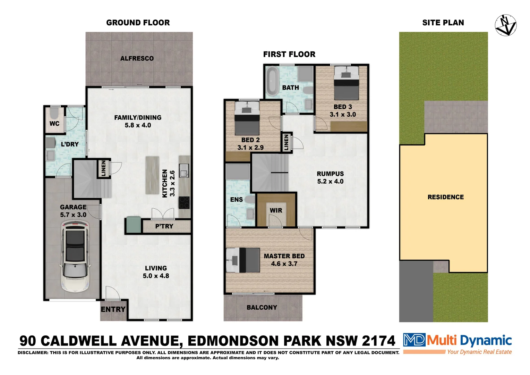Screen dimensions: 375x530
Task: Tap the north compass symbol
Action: pyautogui.click(x=505, y=25)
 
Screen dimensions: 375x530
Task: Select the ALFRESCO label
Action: pyautogui.click(x=137, y=59)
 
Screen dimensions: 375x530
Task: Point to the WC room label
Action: pyautogui.click(x=54, y=124)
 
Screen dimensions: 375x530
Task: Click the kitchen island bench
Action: pyautogui.click(x=152, y=175)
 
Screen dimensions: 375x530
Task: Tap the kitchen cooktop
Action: pyautogui.click(x=184, y=202)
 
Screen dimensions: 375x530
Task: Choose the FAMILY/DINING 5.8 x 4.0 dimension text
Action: pyautogui.click(x=138, y=125)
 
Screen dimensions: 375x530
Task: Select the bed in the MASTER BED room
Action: pyautogui.click(x=243, y=260)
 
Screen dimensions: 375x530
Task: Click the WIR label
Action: pyautogui.click(x=276, y=210)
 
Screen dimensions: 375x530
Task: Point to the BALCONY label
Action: pyautogui.click(x=262, y=308)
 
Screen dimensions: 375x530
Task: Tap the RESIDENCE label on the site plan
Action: pyautogui.click(x=445, y=197)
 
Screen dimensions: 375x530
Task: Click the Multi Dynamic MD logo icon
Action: pyautogui.click(x=414, y=340)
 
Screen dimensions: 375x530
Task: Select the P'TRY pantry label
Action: pyautogui.click(x=164, y=226)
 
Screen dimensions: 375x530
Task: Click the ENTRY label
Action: pyautogui.click(x=113, y=309)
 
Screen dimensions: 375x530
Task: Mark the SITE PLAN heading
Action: pyautogui.click(x=443, y=23)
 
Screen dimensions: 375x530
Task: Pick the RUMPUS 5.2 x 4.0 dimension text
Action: pyautogui.click(x=330, y=182)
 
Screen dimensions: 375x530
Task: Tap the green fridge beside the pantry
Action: pyautogui.click(x=134, y=224)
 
